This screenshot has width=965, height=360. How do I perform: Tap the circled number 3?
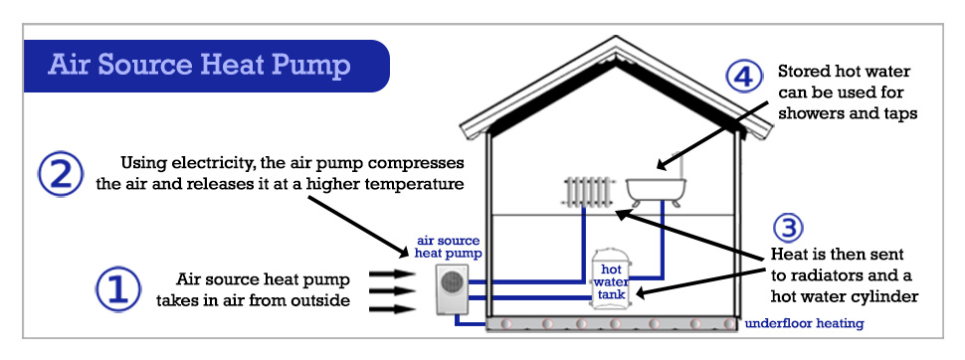point(786,228)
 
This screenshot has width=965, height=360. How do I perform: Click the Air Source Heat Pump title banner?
point(199,67)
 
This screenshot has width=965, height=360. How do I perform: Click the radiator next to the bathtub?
point(589,192)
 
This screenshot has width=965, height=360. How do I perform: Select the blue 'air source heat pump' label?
point(449,249)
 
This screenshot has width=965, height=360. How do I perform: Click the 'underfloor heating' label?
point(804,323)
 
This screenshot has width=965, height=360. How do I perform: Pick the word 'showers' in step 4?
point(811,113)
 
